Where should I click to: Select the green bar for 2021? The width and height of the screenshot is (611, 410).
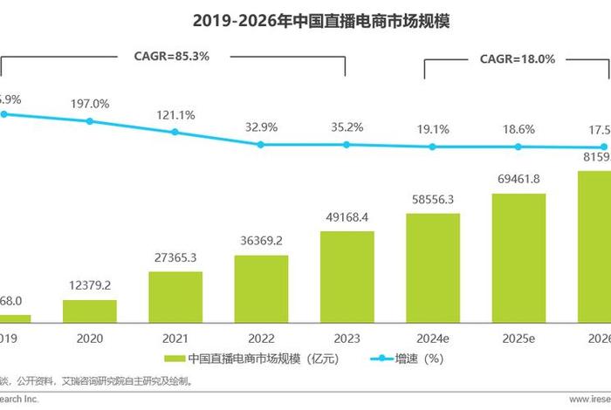point(175,297)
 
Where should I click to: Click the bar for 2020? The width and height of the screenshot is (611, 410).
point(90,311)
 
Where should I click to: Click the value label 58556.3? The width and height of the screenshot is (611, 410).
point(433,199)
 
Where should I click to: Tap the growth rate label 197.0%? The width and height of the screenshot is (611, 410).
point(90,104)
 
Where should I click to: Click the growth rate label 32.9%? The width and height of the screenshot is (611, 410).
point(261,126)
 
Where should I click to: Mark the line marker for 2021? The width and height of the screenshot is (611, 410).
point(175,132)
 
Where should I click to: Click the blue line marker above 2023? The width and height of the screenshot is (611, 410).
point(347,144)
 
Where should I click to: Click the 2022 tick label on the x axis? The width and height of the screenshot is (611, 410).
point(261,338)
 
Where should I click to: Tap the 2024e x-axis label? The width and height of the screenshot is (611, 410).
point(433,338)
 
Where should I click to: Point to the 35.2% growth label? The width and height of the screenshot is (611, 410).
point(347,126)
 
